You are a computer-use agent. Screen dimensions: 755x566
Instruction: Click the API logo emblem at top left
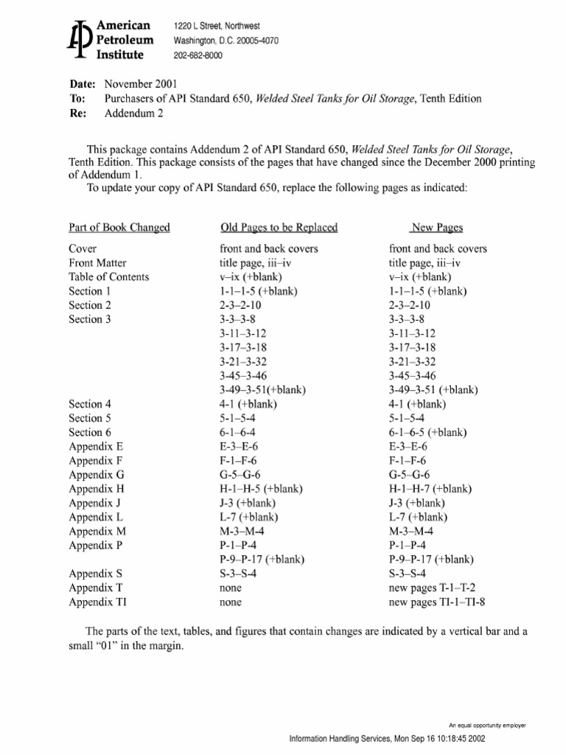tap(79, 40)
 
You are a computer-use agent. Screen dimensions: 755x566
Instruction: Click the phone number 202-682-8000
tap(198, 55)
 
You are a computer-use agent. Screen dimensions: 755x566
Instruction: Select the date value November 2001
tap(141, 84)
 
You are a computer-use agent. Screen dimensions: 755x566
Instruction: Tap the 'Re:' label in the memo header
tap(78, 113)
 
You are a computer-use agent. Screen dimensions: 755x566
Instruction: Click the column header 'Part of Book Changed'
tap(119, 227)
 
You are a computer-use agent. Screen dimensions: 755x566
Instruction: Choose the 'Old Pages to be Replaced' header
tap(279, 227)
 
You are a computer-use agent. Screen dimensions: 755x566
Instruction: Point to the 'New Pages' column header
tap(437, 227)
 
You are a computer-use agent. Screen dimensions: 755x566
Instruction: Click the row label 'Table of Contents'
tap(109, 276)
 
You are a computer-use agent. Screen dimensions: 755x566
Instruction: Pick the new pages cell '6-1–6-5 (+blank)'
tap(428, 432)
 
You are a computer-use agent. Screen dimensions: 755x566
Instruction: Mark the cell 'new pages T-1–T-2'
tap(433, 588)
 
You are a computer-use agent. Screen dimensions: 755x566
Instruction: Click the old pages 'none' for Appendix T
tap(231, 588)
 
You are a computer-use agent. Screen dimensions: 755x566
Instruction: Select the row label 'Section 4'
tap(90, 404)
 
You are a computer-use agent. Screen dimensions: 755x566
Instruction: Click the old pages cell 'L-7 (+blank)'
tap(249, 517)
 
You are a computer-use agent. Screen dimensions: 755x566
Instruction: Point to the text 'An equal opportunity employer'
tap(488, 726)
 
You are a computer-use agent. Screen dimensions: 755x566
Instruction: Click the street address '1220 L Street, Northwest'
tap(217, 26)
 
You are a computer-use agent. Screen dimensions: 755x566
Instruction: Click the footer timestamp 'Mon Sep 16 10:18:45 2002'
tap(431, 739)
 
